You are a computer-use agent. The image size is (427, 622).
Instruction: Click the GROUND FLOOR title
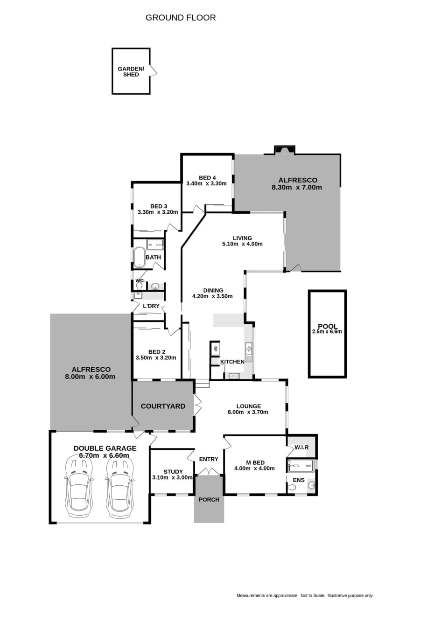tap(181, 18)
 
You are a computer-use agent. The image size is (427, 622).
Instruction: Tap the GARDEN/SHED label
tap(131, 72)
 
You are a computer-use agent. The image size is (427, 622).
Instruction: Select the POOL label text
tap(328, 326)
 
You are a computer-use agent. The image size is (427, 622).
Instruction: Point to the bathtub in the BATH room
tap(140, 258)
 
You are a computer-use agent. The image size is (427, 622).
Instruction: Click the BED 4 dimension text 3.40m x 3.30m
tap(206, 183)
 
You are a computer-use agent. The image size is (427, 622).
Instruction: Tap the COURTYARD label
tap(163, 406)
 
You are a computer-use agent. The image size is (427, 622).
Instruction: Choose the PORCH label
tap(209, 500)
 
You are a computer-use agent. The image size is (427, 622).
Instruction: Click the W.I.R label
tap(301, 447)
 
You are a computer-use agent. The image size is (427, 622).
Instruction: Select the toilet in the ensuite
tap(291, 487)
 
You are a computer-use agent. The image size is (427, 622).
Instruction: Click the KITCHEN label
tap(232, 362)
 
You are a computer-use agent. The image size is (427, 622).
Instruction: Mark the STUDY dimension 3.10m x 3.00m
tap(172, 478)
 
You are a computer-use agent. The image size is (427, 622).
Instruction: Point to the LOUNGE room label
tap(248, 406)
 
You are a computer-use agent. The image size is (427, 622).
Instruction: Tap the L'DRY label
tap(151, 306)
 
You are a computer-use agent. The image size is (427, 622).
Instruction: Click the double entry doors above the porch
tap(209, 471)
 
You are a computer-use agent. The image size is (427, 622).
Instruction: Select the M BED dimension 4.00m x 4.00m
tap(254, 468)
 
